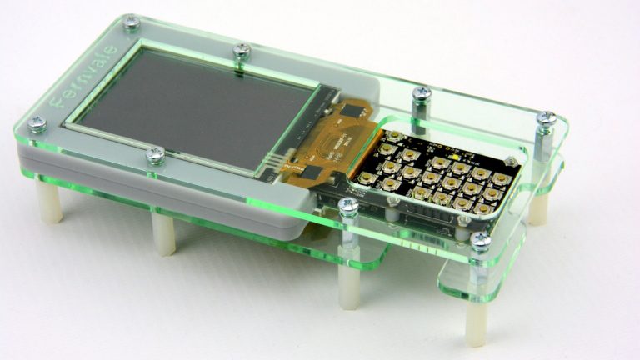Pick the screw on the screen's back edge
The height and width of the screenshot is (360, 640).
242,51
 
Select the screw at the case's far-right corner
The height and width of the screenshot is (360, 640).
546,120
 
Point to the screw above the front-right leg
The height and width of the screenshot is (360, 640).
481,241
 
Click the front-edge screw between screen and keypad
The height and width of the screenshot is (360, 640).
349,204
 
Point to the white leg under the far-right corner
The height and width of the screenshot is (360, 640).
539,208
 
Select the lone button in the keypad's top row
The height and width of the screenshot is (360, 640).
389,137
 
